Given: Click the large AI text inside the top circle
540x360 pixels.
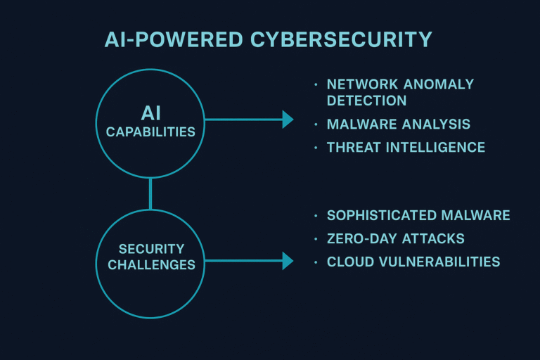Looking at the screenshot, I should [x=150, y=113].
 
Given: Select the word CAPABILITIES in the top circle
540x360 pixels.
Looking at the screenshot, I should [x=150, y=131].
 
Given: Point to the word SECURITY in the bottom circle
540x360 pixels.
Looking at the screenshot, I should [x=150, y=248].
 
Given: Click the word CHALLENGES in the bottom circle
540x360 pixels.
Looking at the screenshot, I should [x=150, y=265].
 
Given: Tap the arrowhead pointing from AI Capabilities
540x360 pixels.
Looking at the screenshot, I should [x=288, y=120].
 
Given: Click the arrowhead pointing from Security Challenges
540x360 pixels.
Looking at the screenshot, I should [x=288, y=261].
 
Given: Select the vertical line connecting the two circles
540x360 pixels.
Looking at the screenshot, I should [x=150, y=193].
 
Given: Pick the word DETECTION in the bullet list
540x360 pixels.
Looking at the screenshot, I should [x=366, y=101].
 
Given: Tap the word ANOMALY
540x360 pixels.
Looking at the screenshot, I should [x=437, y=84].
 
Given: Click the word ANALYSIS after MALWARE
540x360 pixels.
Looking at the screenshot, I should [x=435, y=124].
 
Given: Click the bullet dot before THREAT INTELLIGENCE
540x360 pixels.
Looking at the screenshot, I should [x=316, y=148].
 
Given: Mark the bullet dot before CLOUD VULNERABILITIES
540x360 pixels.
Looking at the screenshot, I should [x=316, y=262].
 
